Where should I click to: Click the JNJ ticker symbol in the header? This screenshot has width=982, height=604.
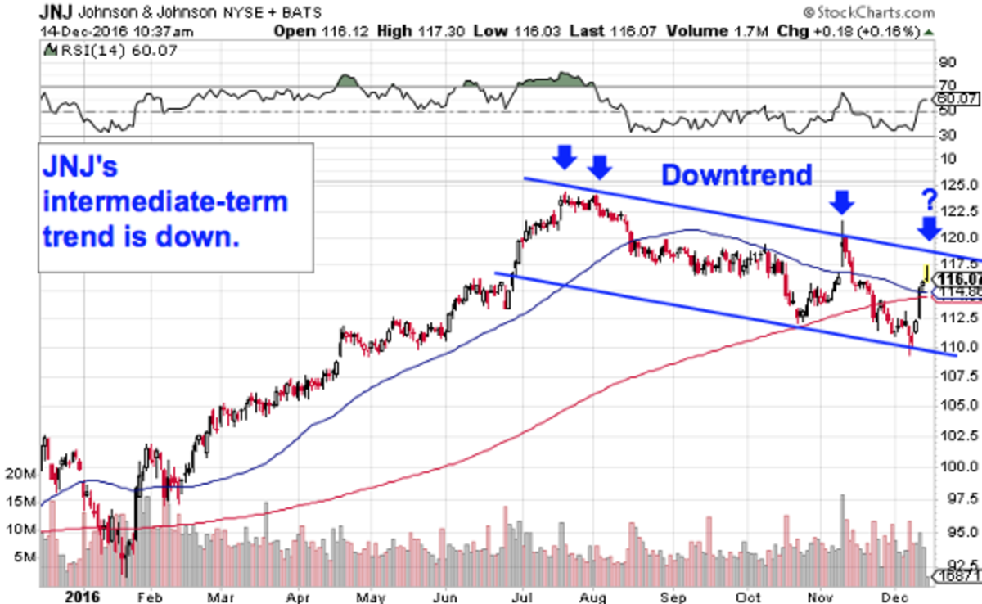55,12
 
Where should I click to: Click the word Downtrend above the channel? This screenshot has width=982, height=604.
736,174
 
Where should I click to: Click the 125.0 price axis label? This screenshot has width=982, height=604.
957,185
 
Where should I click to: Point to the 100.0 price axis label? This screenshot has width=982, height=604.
957,466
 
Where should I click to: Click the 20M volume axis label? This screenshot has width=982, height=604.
25,474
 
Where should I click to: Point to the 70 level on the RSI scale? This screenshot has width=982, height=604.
948,85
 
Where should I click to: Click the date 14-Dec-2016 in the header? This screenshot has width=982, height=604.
74,32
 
